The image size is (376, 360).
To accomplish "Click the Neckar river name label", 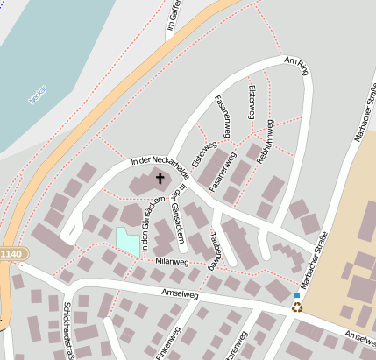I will coord(37,95).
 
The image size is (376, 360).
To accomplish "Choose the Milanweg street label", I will coord(172,262).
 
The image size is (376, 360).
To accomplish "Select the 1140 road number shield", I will coord(13,253).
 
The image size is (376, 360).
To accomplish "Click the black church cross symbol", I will coord(160,179).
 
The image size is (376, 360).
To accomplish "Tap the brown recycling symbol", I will coord(297,307).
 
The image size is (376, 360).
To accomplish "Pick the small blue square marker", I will coord(297,296).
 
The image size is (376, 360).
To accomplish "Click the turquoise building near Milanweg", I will coord(128,241).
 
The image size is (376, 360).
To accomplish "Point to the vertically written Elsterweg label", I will coord(252,102).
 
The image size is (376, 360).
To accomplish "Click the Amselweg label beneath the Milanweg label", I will coord(181,295).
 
